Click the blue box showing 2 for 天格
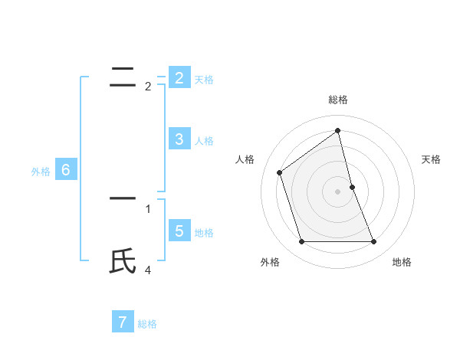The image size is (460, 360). point(179,78)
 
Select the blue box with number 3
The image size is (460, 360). point(179,139)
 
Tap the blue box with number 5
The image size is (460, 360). point(179,231)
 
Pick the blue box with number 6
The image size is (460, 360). point(65,170)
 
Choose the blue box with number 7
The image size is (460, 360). point(122,322)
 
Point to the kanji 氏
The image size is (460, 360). point(123,261)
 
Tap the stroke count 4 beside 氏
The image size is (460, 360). point(148,270)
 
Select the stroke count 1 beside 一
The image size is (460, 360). point(148,208)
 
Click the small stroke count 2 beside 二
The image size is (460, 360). point(148,87)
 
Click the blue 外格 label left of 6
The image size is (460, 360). point(41,172)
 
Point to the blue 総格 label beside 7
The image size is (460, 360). point(147,324)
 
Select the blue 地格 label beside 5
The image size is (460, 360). point(204,232)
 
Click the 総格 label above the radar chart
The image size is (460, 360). point(338,100)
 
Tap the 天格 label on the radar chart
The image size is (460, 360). point(431,159)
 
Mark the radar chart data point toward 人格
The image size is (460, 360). point(280,172)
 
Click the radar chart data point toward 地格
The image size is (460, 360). point(374,242)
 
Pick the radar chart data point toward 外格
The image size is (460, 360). point(301,242)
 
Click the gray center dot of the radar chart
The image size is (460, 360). point(338,191)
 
